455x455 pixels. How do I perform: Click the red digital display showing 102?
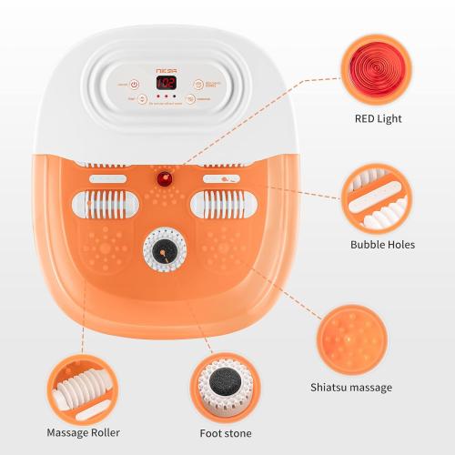[x=167, y=83]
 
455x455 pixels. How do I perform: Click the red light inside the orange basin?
[x=166, y=178]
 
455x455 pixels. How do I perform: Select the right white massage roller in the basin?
[x=218, y=206]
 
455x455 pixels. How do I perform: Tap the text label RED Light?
[x=377, y=118]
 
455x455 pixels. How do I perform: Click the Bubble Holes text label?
[x=382, y=245]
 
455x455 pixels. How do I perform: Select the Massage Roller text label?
[x=83, y=431]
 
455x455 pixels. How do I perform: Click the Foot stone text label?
[x=226, y=432]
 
